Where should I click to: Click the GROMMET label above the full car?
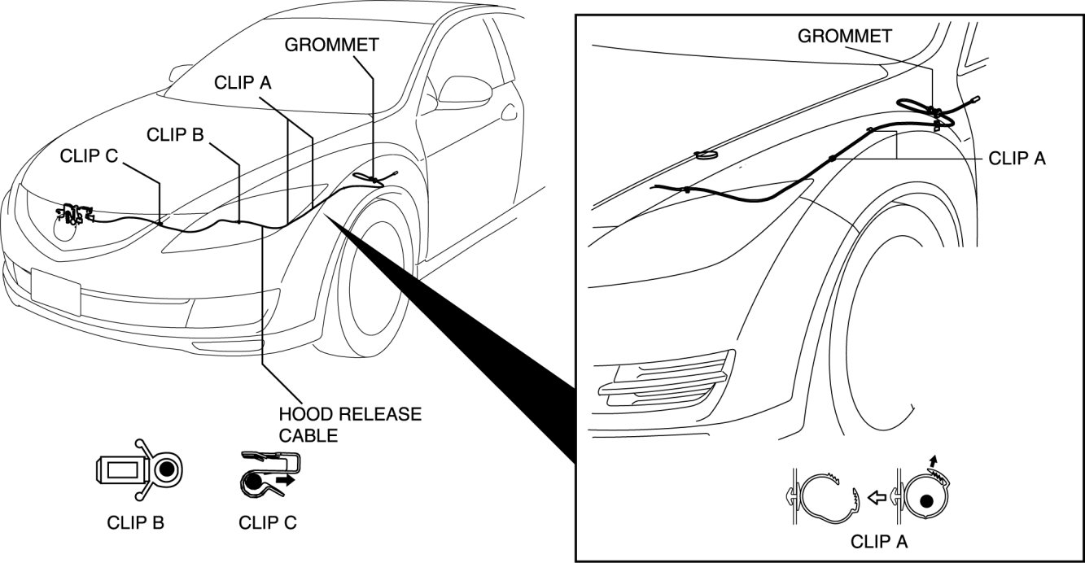(x=331, y=44)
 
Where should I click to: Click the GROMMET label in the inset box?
(x=844, y=36)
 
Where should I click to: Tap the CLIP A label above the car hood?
(x=243, y=83)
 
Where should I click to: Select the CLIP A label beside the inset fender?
(x=1017, y=159)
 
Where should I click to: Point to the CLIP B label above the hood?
(x=174, y=134)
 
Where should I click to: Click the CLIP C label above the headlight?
(x=89, y=155)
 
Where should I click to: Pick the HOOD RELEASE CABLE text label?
(x=350, y=425)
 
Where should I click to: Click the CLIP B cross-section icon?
(x=138, y=469)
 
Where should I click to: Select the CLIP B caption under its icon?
(x=135, y=522)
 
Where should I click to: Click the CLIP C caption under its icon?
(x=267, y=522)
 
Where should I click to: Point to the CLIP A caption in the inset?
(x=878, y=540)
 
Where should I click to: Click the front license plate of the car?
(x=55, y=291)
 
